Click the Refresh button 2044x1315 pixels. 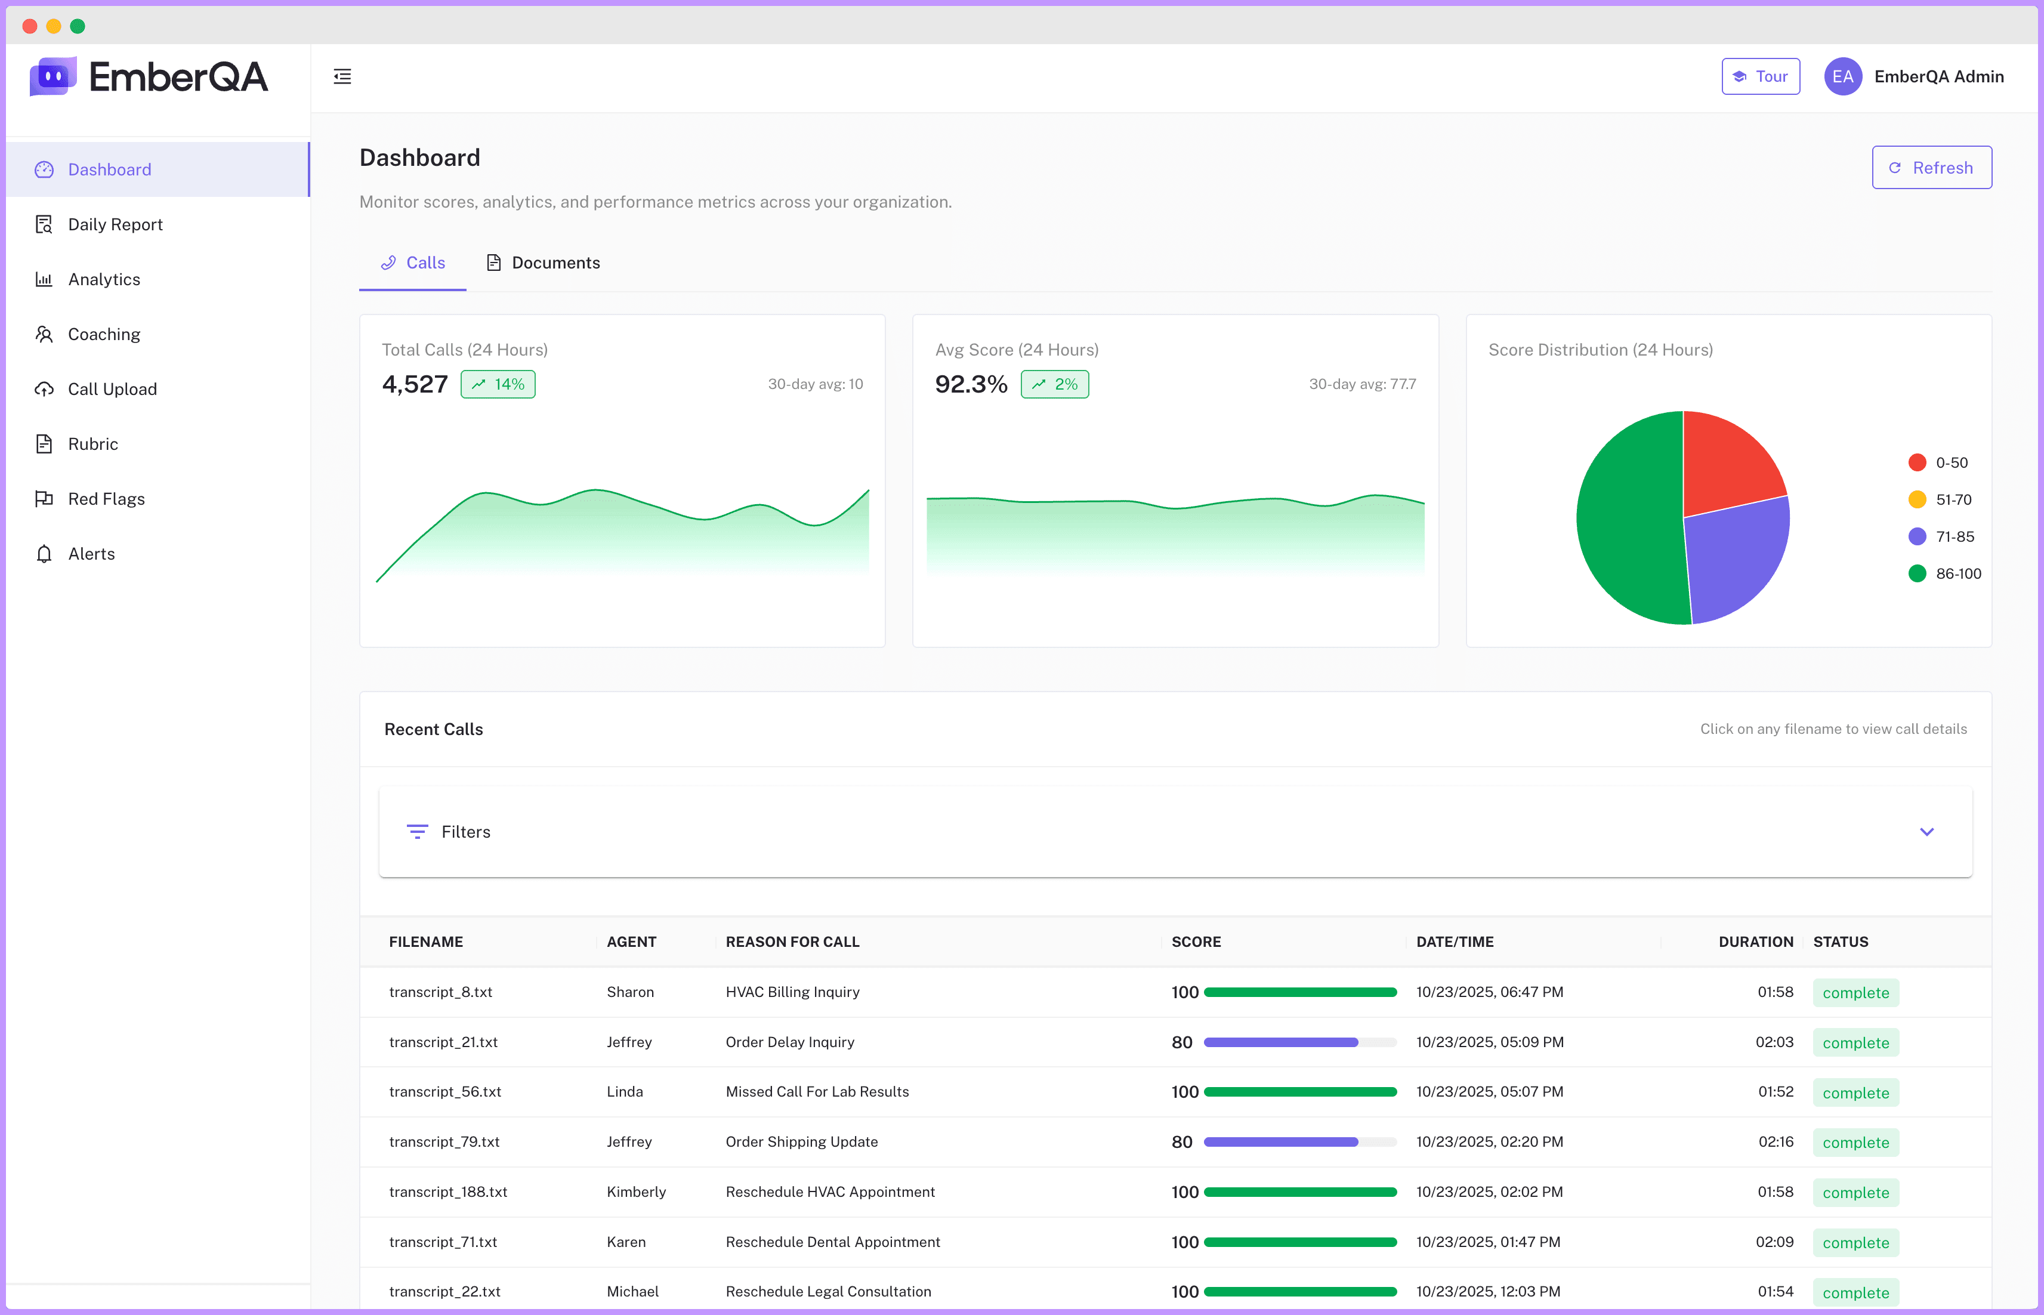click(1931, 168)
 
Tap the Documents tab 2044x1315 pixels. click(543, 263)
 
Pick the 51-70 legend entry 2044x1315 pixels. click(1941, 499)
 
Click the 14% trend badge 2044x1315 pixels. click(499, 384)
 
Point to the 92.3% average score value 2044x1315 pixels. click(971, 384)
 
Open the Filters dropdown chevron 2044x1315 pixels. click(1927, 832)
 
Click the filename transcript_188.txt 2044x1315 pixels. click(448, 1192)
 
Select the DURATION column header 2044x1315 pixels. click(1755, 942)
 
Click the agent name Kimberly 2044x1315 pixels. click(636, 1192)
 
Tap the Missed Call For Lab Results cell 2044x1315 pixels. click(817, 1092)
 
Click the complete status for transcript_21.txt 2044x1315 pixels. click(1856, 1042)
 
